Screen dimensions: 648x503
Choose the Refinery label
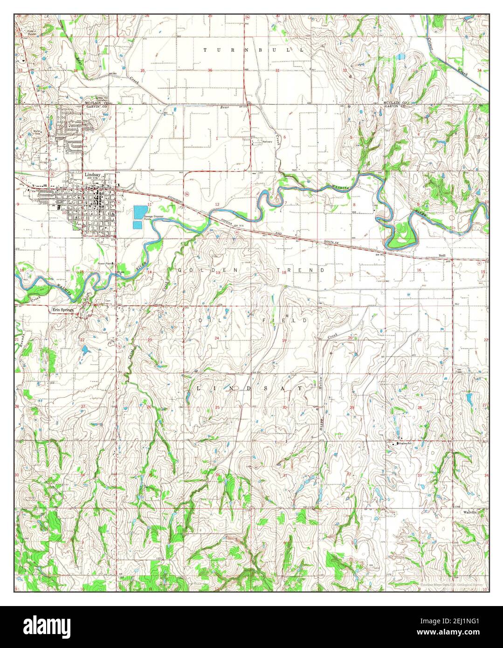coord(267,142)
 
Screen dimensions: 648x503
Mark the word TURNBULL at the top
coord(254,49)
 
